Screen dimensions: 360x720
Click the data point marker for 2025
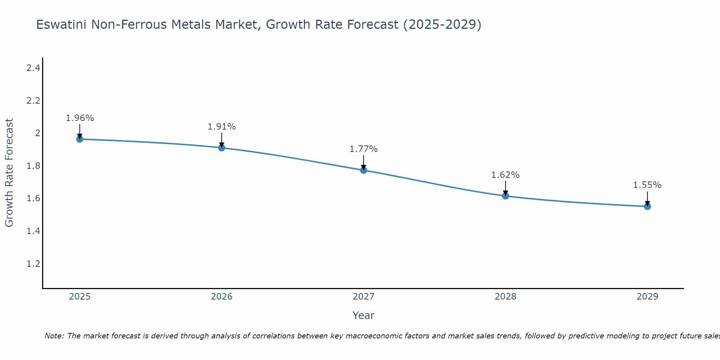point(80,139)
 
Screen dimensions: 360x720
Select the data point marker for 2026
point(221,148)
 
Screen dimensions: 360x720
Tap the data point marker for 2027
point(364,170)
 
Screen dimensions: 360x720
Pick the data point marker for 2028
point(505,196)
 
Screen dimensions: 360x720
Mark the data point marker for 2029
point(647,206)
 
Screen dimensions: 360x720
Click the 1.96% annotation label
point(80,118)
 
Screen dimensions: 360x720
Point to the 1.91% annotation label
point(222,127)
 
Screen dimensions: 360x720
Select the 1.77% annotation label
point(364,149)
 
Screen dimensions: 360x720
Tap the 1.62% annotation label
point(505,175)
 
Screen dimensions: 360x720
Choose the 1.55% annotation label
point(647,185)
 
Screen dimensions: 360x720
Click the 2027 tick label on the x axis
point(364,297)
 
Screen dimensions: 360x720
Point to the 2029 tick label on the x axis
point(647,297)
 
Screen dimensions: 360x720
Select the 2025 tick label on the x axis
point(80,297)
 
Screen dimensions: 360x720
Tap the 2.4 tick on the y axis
point(33,68)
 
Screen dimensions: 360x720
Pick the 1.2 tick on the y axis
point(33,264)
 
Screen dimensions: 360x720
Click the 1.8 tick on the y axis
point(33,166)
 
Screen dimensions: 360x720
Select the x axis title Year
point(364,315)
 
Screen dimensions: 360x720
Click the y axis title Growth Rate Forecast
point(9,173)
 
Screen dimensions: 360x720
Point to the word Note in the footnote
point(54,336)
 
